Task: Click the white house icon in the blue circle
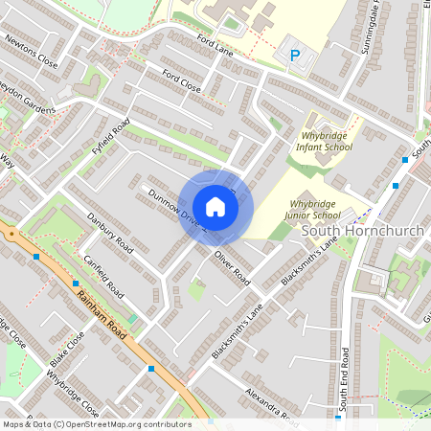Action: pyautogui.click(x=215, y=207)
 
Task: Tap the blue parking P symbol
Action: pyautogui.click(x=295, y=56)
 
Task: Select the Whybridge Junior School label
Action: pyautogui.click(x=320, y=211)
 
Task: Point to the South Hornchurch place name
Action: pyautogui.click(x=363, y=232)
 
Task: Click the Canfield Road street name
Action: pyautogui.click(x=103, y=274)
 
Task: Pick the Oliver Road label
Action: pyautogui.click(x=232, y=268)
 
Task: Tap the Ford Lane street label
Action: pyautogui.click(x=215, y=45)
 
